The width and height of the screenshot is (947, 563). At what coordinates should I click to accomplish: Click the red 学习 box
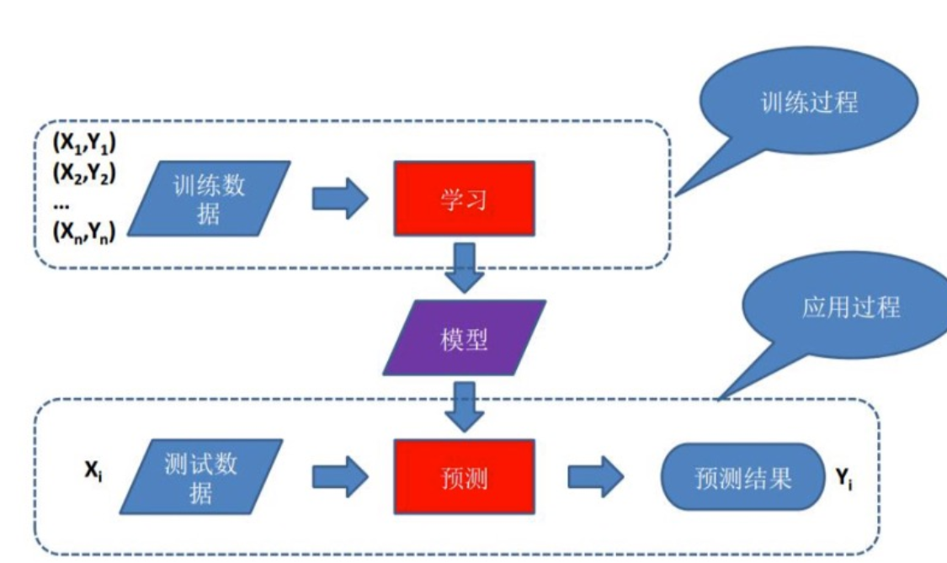pos(464,198)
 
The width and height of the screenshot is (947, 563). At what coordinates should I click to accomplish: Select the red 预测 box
pos(464,477)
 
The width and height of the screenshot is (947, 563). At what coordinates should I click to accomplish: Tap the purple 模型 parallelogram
pos(464,337)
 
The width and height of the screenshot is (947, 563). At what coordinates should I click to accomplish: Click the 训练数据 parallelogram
pos(209,198)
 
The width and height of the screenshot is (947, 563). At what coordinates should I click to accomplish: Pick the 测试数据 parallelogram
pos(201,477)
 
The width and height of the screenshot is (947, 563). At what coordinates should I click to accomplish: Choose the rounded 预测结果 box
pos(742,477)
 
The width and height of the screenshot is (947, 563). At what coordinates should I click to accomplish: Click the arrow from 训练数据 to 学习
pos(340,198)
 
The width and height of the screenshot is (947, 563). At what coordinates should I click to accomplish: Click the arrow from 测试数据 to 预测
pos(340,477)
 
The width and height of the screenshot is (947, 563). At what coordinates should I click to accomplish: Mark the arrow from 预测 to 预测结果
pos(595,477)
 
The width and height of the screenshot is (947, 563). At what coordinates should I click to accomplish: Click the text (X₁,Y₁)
pos(84,143)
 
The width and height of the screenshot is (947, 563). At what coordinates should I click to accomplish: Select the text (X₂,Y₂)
pos(84,173)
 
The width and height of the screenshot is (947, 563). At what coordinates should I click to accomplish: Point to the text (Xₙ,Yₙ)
pos(84,231)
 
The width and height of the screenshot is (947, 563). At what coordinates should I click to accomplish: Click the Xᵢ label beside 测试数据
pos(93,470)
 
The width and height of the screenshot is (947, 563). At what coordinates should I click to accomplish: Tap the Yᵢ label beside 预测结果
pos(844,479)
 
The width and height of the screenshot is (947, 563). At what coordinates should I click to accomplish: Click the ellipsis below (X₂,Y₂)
pos(61,206)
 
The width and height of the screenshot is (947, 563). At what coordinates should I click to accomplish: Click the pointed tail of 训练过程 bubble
pos(675,196)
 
